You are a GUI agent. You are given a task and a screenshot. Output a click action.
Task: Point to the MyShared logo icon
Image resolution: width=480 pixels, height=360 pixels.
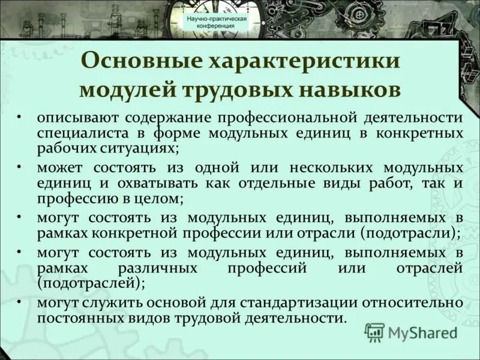pyautogui.click(x=375, y=332)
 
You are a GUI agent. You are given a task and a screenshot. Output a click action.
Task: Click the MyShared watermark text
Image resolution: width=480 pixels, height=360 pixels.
pyautogui.click(x=422, y=332)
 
